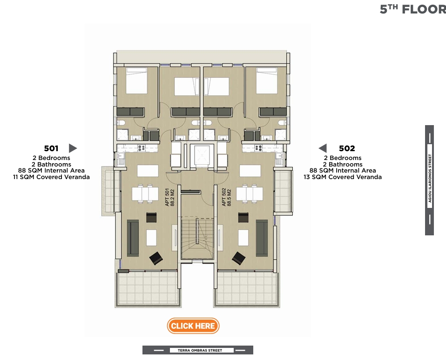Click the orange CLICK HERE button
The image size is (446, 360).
tap(193, 326)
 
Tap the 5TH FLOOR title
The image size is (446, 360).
tap(412, 9)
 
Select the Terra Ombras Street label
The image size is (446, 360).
tap(198, 350)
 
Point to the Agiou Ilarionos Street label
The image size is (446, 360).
tap(429, 180)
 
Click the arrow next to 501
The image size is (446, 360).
tap(73, 148)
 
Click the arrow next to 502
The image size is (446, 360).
tap(322, 148)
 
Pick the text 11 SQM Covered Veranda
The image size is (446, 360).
tap(51, 177)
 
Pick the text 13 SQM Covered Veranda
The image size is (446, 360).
tap(343, 177)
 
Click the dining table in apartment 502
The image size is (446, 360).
tap(250, 193)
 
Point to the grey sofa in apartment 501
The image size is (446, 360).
tap(133, 238)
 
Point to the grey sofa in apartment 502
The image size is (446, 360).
tap(262, 238)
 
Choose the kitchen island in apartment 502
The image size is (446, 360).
tap(250, 171)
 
